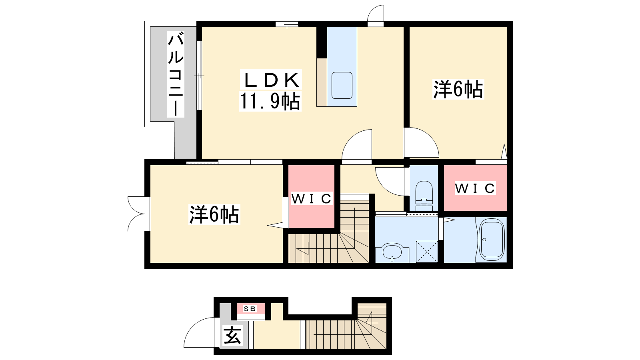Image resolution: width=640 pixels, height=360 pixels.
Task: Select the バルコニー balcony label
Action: coord(176,74)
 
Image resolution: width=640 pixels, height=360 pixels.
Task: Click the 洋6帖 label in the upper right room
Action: coord(458,89)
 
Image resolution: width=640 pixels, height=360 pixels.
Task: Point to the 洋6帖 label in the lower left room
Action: coord(214,214)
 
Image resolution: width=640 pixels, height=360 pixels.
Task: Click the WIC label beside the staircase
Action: coord(312,198)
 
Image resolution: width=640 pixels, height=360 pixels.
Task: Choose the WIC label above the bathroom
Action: coord(475,188)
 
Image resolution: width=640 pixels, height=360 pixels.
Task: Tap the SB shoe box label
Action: coord(250,308)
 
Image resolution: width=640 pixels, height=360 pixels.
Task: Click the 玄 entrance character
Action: coord(232,336)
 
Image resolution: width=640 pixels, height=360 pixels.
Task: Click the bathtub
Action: coord(492,240)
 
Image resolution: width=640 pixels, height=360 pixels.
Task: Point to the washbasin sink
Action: coord(392,252)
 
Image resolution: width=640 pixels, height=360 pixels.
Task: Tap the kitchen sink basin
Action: coord(342,86)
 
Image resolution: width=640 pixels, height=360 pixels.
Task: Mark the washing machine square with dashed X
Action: coord(427,252)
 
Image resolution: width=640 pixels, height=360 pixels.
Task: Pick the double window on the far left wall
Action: coord(136,214)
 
